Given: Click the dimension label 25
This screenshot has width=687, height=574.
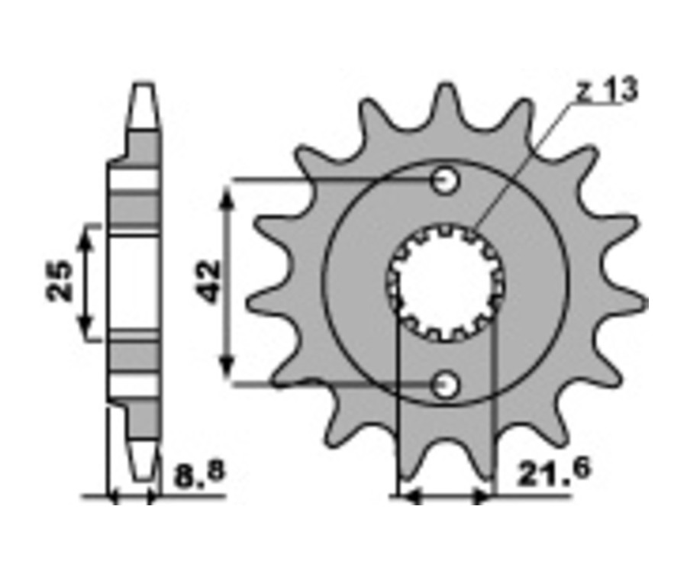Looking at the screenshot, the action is click(60, 282).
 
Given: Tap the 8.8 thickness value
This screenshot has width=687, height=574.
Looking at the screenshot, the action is click(199, 474).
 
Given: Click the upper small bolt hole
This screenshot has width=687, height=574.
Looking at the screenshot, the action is click(446, 180).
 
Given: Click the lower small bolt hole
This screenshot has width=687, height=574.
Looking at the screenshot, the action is click(446, 385).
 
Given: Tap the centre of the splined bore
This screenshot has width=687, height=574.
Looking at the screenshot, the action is click(446, 283).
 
